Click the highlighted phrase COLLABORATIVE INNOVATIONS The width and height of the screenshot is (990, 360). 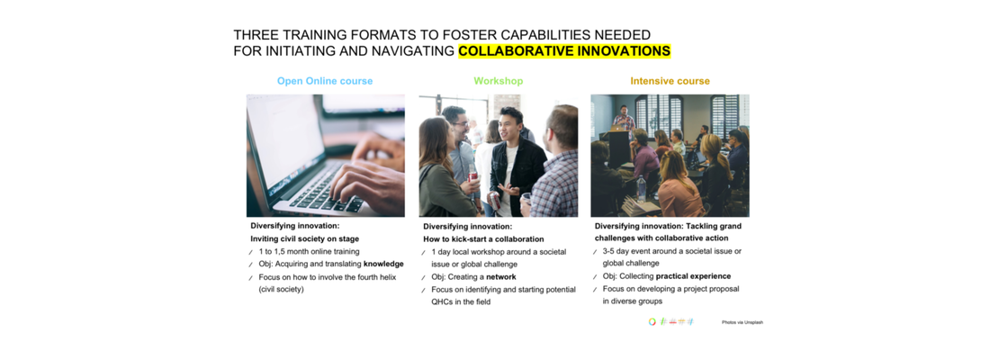click(x=563, y=51)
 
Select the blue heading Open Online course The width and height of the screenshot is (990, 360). click(x=325, y=82)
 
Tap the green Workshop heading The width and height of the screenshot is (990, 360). click(x=499, y=82)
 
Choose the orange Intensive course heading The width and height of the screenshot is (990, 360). click(x=670, y=82)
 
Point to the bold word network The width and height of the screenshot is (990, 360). click(x=500, y=276)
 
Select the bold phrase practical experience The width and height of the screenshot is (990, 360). click(x=693, y=276)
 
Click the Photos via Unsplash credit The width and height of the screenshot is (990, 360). click(x=742, y=322)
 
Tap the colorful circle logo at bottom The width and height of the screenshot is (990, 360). click(x=652, y=321)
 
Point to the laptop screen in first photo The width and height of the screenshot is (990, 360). click(x=282, y=142)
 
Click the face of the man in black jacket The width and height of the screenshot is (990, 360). click(x=510, y=124)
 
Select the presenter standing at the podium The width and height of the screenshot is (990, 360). click(x=624, y=120)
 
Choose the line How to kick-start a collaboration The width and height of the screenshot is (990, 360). click(x=483, y=239)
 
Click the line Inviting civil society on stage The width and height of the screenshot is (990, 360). click(x=305, y=238)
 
